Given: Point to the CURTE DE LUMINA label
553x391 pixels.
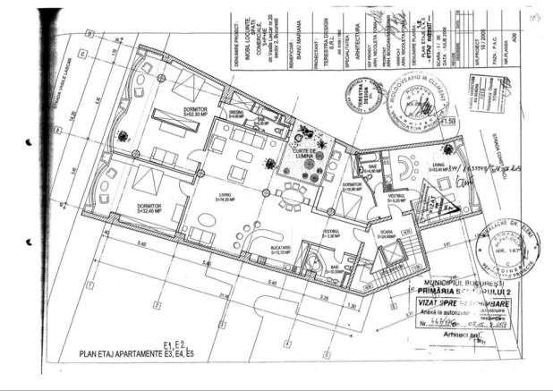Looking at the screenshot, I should click(x=300, y=154).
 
